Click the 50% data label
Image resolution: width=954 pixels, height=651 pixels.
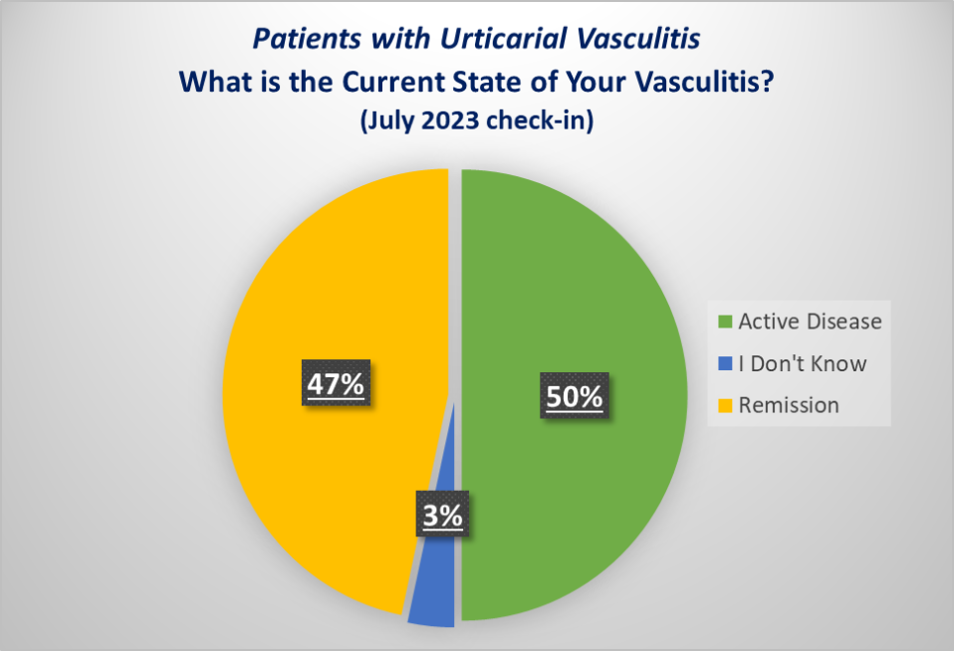pos(575,397)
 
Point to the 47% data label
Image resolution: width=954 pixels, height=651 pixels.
pos(335,383)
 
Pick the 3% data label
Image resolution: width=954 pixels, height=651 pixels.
pos(441,517)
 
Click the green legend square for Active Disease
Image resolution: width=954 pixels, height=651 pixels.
pos(724,322)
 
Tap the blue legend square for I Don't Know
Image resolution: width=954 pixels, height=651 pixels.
pos(724,363)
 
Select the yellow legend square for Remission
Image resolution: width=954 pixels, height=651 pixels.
pos(724,405)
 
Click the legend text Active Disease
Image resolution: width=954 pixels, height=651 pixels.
pos(810,322)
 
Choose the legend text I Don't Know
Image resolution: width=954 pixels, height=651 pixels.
pos(803,363)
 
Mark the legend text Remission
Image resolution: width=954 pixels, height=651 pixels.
pos(789,405)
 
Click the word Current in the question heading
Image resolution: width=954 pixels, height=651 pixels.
pos(380,83)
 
